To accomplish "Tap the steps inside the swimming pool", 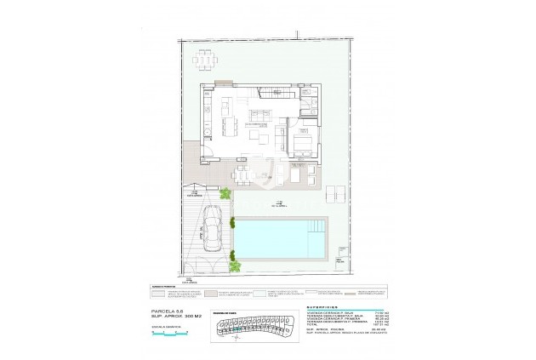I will click(x=318, y=227).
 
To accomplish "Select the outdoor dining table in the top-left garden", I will click(x=205, y=60).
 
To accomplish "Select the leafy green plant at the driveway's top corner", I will click(x=225, y=195).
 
